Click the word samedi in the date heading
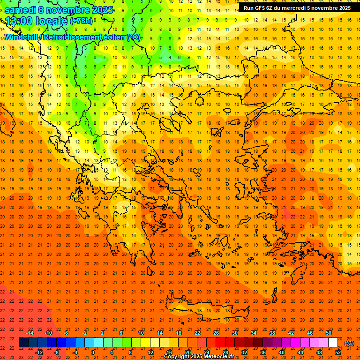[x=21, y=10]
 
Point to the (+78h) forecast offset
[x=81, y=22]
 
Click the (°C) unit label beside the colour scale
[x=349, y=344]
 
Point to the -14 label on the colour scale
[x=30, y=333]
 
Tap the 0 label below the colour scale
[x=93, y=352]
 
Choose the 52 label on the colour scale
[x=338, y=352]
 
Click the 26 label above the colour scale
[x=216, y=333]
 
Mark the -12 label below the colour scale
[x=39, y=352]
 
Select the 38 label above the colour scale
[x=272, y=333]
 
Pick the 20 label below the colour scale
[x=187, y=352]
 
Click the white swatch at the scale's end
[x=333, y=343]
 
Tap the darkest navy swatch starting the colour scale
[x=24, y=343]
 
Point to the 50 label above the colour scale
[x=329, y=333]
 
